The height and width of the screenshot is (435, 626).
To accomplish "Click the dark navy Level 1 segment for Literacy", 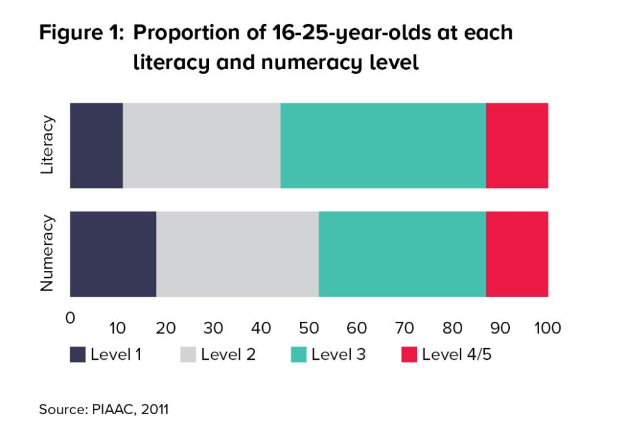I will pos(96,146).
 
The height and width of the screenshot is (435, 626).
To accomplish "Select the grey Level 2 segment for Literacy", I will pos(201,146).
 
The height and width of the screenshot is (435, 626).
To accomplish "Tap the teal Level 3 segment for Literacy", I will pos(383,146).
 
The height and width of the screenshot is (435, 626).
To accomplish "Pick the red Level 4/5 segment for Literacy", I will pos(517,146).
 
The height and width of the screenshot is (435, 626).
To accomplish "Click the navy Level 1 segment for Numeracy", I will pos(113,254).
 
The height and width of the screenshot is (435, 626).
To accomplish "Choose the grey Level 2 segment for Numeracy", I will pos(237,254).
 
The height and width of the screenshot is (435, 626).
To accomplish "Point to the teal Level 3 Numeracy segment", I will pos(402,254).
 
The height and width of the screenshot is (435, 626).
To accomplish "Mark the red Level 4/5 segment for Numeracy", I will pos(517,254).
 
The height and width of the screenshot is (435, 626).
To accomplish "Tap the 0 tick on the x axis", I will pos(70,318).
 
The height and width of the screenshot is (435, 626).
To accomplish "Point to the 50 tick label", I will pos(309,328).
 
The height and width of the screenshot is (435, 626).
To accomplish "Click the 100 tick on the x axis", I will pos(548,328).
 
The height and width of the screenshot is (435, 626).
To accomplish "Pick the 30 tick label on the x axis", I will pos(213,328).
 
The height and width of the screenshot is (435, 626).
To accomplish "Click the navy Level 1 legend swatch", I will pos(78,354).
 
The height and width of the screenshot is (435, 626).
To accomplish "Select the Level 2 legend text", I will pos(228,354).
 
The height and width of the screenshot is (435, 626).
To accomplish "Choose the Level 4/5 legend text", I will pos(457,354).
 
